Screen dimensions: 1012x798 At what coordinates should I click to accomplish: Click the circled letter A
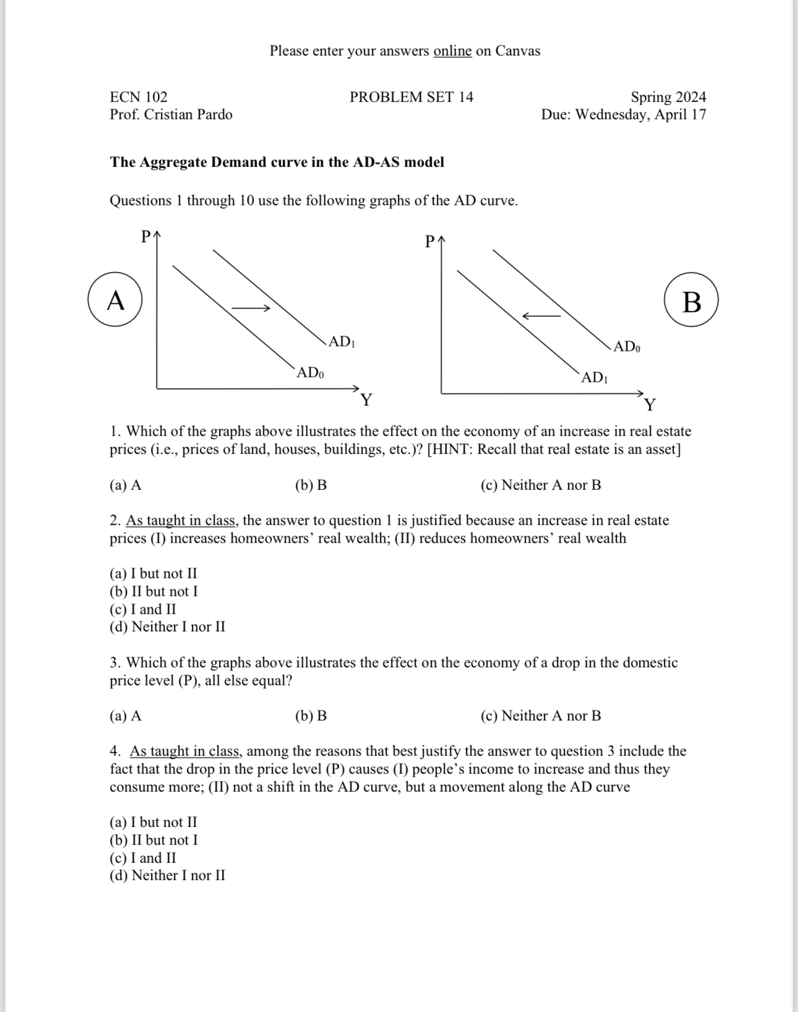[116, 301]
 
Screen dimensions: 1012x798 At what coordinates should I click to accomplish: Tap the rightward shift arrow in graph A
[251, 307]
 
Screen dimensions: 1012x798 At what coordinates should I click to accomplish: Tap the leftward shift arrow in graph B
[541, 316]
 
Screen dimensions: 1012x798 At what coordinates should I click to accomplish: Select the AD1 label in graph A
[341, 341]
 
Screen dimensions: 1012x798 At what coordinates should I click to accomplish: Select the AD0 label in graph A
[310, 372]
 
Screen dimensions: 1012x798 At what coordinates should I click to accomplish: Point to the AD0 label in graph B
[627, 346]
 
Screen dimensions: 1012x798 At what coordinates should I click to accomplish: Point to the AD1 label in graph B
[594, 377]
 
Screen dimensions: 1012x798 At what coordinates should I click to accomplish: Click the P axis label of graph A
[146, 236]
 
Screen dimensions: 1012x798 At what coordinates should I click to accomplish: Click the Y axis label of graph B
[650, 405]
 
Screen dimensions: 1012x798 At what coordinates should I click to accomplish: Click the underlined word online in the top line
[452, 51]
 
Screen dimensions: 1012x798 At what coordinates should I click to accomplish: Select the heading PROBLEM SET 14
[411, 97]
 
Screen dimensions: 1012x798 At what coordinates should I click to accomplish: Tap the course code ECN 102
[139, 97]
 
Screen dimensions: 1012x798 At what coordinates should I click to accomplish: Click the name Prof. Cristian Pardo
[171, 114]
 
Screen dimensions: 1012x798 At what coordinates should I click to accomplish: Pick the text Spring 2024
[668, 97]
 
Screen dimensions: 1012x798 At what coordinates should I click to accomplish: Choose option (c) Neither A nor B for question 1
[541, 485]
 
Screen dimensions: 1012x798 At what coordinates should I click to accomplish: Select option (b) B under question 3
[311, 716]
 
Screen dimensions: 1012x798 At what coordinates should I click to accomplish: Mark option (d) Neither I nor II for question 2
[167, 627]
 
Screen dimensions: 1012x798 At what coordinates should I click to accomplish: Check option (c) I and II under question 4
[143, 858]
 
